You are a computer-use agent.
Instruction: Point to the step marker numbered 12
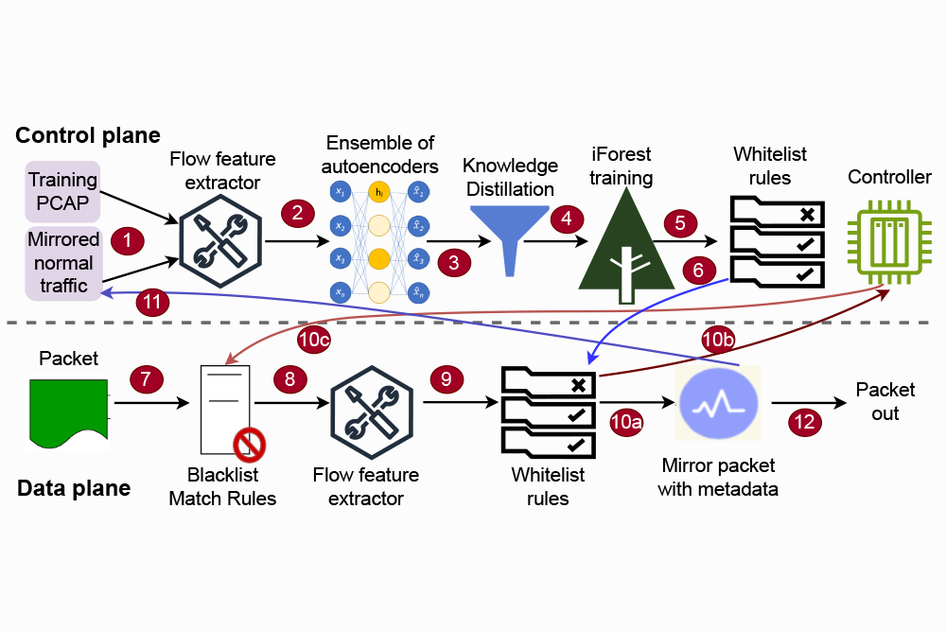pos(805,423)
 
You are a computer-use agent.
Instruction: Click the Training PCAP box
pos(62,189)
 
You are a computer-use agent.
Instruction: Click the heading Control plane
pos(87,135)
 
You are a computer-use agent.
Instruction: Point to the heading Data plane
pos(74,488)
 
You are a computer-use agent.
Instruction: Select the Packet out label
pos(885,401)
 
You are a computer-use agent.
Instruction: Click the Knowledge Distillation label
pos(510,177)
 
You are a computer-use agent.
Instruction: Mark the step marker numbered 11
pos(152,303)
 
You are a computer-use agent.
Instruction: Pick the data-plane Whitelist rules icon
pos(548,410)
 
